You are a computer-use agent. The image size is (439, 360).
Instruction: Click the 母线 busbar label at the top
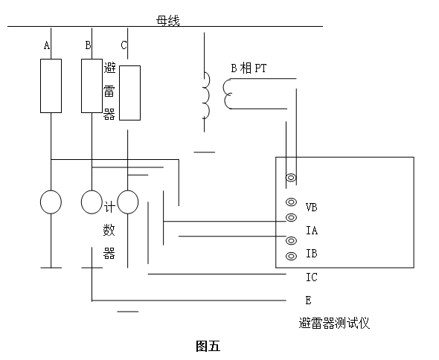tap(167, 20)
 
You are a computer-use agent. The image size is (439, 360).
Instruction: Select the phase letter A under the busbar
tap(47, 46)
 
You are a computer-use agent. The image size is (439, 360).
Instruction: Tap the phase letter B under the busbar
tap(88, 46)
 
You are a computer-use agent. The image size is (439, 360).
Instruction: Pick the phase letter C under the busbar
tap(124, 46)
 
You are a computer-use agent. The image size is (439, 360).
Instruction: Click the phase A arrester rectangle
tap(51, 86)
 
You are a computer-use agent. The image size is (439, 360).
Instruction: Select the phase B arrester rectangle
tap(91, 86)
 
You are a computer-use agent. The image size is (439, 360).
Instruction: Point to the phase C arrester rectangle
tap(129, 93)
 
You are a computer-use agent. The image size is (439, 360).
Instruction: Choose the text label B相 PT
tap(248, 68)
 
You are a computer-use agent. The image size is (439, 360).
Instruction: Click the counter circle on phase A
tap(51, 202)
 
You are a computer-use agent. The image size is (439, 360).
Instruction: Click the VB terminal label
tap(312, 207)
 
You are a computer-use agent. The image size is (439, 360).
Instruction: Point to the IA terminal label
tap(312, 231)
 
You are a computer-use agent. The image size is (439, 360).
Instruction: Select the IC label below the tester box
tap(312, 277)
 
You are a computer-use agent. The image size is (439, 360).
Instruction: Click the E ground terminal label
tap(308, 300)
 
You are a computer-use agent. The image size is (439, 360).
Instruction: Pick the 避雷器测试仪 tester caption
tap(333, 323)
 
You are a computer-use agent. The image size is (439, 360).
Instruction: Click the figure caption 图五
tap(208, 346)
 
